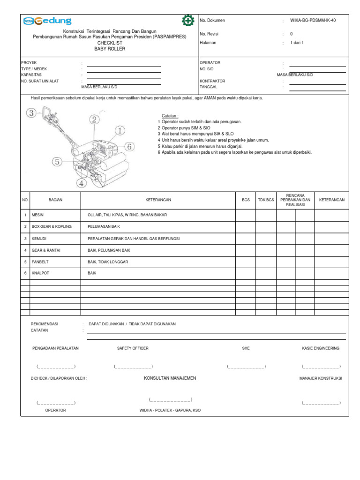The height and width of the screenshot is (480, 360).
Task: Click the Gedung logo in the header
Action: click(46, 21)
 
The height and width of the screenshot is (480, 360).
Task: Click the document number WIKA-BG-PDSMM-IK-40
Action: click(313, 21)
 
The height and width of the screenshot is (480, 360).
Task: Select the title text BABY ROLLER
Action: click(110, 49)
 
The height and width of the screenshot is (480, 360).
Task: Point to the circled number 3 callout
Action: click(31, 112)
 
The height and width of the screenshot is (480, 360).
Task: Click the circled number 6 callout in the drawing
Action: click(129, 147)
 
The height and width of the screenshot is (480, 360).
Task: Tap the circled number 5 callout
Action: click(57, 162)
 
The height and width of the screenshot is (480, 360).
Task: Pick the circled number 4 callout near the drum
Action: click(82, 183)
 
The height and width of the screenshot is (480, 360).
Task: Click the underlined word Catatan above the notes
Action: click(170, 115)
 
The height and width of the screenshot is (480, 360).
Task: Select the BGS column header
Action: click(246, 200)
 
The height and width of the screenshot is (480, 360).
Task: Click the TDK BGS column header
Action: click(266, 200)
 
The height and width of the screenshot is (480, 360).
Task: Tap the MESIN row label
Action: click(37, 215)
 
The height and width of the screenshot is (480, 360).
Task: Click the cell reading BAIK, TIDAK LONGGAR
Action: click(108, 262)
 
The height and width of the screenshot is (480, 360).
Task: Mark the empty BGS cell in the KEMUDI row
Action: click(246, 238)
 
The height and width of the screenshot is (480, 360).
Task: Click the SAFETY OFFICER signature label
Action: click(133, 348)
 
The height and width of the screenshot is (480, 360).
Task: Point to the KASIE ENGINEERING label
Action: click(321, 348)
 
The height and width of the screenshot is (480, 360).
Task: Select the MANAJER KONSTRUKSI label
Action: click(321, 378)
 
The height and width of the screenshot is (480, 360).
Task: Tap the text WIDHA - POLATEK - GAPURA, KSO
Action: click(170, 410)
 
